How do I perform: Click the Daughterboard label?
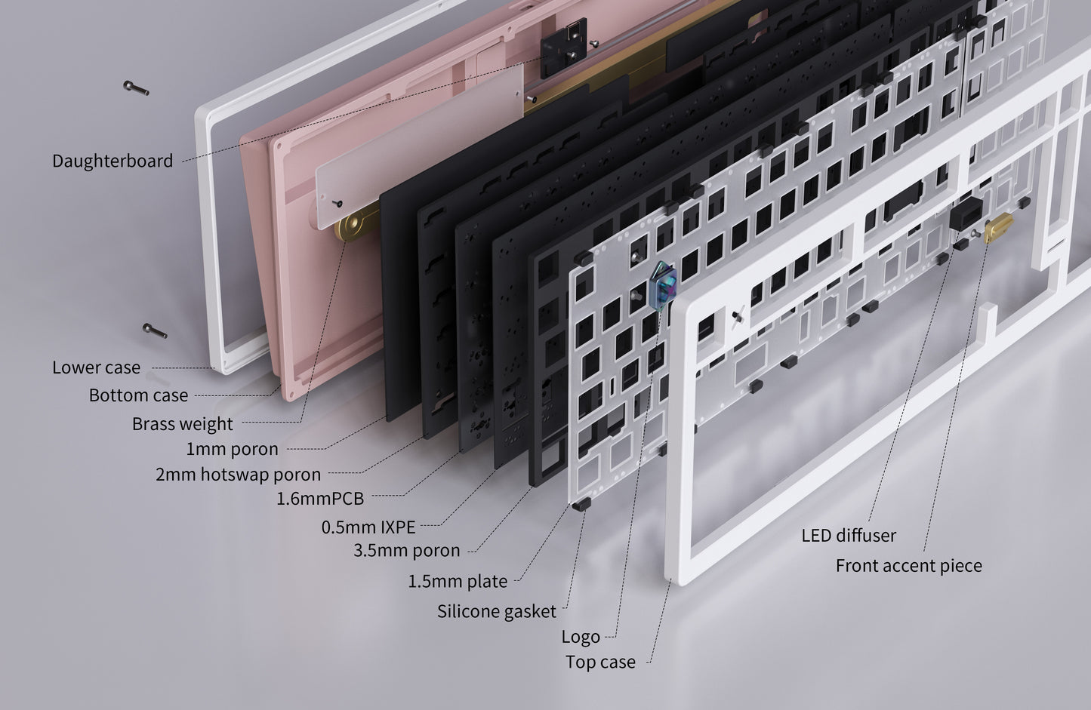pos(112,161)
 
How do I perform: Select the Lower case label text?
pos(96,367)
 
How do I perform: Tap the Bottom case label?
pos(138,395)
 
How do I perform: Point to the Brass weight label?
pos(182,423)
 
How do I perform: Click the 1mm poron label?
pos(232,449)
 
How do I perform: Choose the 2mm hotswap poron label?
pos(238,475)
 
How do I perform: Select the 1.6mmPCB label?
pos(320,499)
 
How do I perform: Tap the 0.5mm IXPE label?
pos(368,527)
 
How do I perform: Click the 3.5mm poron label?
pos(406,551)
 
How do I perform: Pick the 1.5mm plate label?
pos(458,582)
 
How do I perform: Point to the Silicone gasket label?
pos(496,611)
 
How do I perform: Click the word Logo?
pos(580,637)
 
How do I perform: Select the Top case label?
pos(600,662)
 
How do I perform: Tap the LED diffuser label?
pos(849,536)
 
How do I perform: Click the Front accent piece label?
pos(908,566)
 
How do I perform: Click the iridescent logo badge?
pos(661,284)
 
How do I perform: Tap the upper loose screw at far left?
pos(136,88)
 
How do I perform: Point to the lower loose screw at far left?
pos(154,330)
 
